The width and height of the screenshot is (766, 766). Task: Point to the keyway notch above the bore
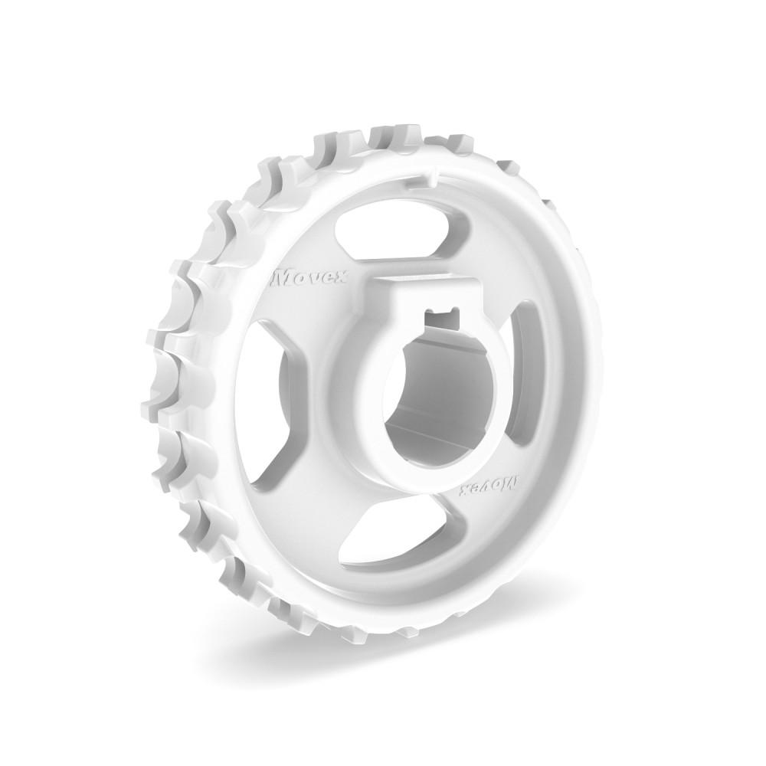(441, 313)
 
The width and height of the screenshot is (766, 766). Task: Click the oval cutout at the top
(383, 227)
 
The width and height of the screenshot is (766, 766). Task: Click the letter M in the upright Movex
(283, 273)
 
